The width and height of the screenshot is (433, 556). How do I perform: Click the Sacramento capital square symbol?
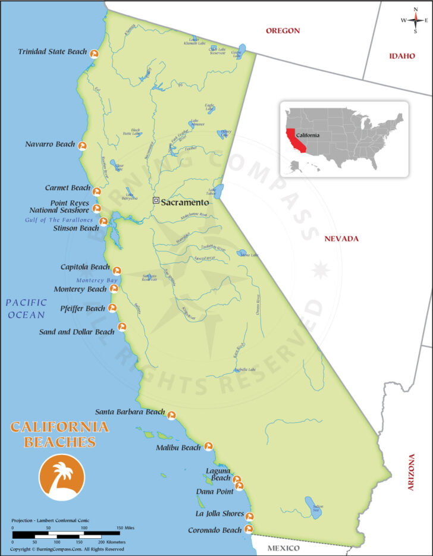pyautogui.click(x=156, y=201)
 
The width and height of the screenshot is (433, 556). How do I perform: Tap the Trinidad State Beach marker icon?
pyautogui.click(x=93, y=53)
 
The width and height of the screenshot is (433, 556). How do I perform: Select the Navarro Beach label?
pyautogui.click(x=50, y=145)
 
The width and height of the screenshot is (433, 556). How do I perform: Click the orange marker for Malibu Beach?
pyautogui.click(x=208, y=446)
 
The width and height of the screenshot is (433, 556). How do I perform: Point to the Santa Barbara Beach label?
pyautogui.click(x=130, y=412)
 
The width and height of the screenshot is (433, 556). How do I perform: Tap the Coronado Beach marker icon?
pyautogui.click(x=249, y=529)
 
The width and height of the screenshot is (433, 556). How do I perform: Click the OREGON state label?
pyautogui.click(x=283, y=31)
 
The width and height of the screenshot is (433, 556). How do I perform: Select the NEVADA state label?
pyautogui.click(x=341, y=239)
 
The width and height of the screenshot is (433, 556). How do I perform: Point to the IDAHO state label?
pyautogui.click(x=401, y=56)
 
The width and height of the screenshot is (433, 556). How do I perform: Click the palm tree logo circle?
pyautogui.click(x=62, y=477)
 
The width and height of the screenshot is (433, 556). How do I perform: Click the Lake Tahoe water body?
pyautogui.click(x=219, y=191)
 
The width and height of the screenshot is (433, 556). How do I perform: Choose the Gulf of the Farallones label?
pyautogui.click(x=59, y=220)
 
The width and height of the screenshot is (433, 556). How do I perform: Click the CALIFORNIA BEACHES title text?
pyautogui.click(x=59, y=434)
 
